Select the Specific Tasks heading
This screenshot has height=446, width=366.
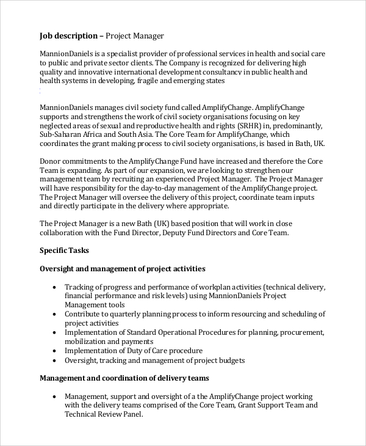pos(64,250)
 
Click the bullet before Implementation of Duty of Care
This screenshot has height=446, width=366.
pos(56,351)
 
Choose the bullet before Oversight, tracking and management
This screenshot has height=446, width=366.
pos(56,360)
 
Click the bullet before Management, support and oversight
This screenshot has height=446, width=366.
pos(56,396)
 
